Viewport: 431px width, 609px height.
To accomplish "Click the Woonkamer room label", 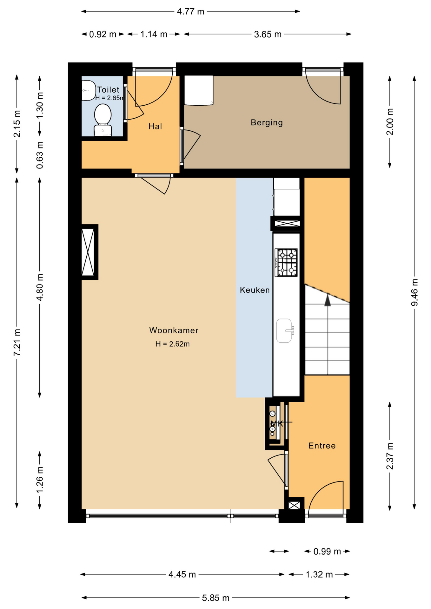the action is coord(174,330).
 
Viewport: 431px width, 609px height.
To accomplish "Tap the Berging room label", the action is coord(267,122).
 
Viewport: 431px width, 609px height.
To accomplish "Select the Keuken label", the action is coord(255,290).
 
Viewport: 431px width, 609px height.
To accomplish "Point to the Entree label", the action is coord(322,446).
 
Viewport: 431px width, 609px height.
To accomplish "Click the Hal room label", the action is coord(155,126).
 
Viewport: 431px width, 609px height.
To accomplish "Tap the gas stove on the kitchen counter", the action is coord(286,263).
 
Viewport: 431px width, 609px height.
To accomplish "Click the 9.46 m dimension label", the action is coord(414,292).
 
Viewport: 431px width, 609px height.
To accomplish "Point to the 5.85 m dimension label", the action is coord(215,598).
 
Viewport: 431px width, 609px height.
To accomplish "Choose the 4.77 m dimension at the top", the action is coord(190,12).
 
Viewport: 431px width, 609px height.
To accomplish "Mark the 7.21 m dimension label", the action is coord(17,342).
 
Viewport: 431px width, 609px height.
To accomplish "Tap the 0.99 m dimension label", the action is coord(327,552).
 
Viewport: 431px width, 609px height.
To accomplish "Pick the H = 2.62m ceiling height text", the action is coord(172,344).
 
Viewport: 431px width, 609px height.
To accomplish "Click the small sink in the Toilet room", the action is coord(89,91).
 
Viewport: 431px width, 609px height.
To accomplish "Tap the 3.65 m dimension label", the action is coord(268,34).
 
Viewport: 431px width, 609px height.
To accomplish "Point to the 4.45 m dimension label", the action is coord(182,574).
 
